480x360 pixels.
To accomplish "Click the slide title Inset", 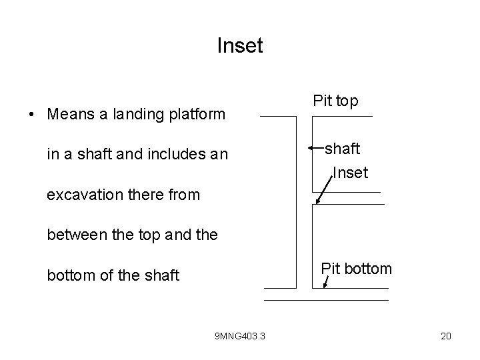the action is [x=240, y=46].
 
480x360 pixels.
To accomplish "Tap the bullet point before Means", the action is [x=32, y=114].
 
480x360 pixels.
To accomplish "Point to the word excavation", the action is [x=85, y=195].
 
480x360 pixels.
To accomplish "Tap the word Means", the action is [x=70, y=114].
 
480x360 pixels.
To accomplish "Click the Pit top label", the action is [x=335, y=101].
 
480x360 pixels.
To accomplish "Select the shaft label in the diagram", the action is [x=347, y=148].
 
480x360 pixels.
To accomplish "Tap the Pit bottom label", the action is [x=356, y=269].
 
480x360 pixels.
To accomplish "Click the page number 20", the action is [x=446, y=336].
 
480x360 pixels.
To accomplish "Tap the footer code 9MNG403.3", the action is [x=240, y=336].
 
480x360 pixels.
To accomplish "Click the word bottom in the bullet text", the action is [x=69, y=275].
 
